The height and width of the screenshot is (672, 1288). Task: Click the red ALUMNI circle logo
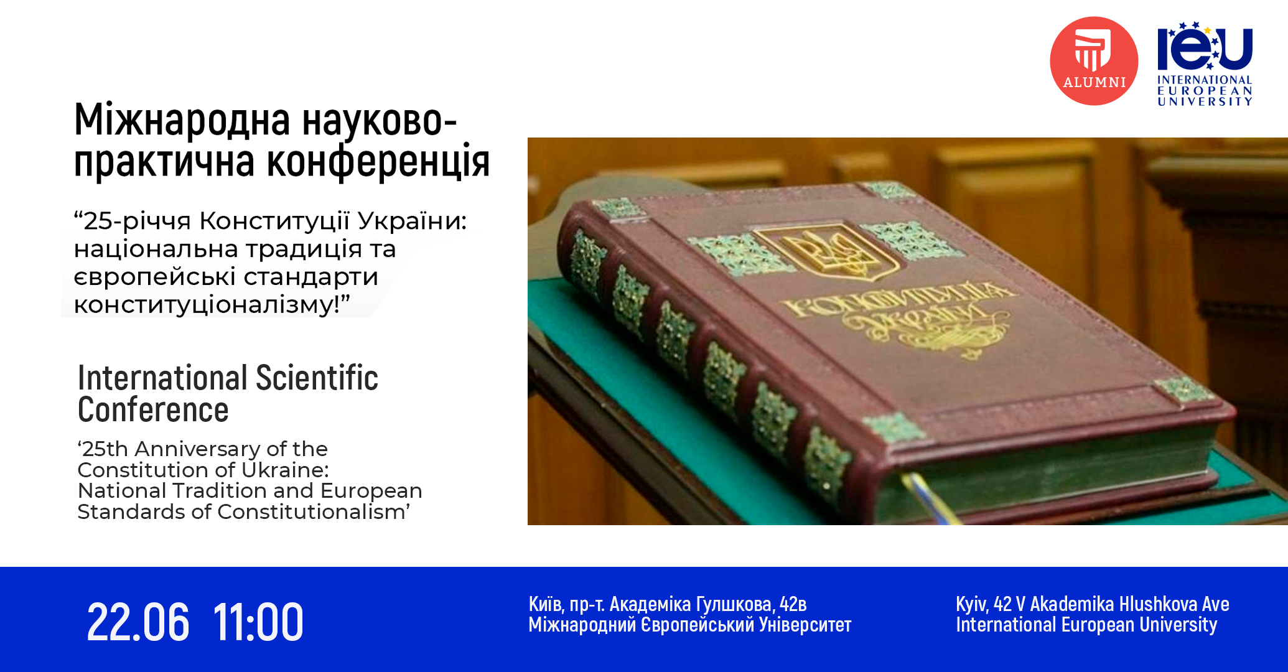point(1094,61)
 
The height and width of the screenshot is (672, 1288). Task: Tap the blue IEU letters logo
point(1205,47)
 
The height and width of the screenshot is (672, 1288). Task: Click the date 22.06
point(138,622)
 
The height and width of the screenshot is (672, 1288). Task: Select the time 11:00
point(258,622)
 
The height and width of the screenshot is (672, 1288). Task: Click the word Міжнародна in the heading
point(182,120)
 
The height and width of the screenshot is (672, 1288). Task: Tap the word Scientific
point(317,378)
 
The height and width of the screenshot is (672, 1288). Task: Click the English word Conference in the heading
point(153,410)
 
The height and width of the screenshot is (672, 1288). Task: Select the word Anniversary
point(197,449)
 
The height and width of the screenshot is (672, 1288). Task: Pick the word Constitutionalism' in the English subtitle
point(314,511)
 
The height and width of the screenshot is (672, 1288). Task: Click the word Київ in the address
point(548,604)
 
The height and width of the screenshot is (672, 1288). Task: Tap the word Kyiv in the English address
point(972,605)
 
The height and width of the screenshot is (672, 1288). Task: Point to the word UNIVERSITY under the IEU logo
point(1205,101)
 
